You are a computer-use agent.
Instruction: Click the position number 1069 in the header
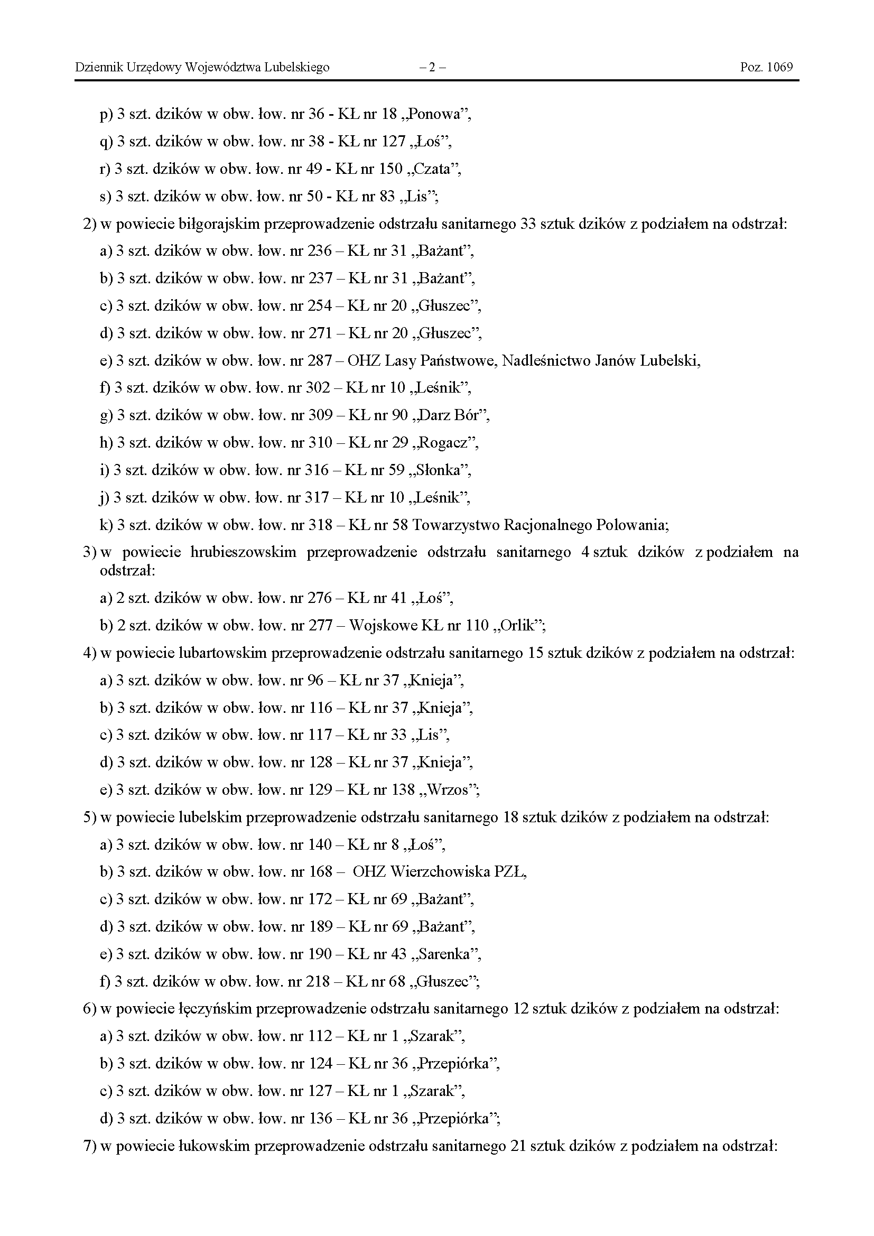click(x=780, y=67)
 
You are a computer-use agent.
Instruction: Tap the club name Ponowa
click(x=439, y=114)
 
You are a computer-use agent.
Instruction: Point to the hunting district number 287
click(x=320, y=361)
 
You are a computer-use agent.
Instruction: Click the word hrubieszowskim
click(x=243, y=552)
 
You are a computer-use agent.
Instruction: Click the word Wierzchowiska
click(x=439, y=871)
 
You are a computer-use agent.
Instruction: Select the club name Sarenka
click(x=448, y=954)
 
